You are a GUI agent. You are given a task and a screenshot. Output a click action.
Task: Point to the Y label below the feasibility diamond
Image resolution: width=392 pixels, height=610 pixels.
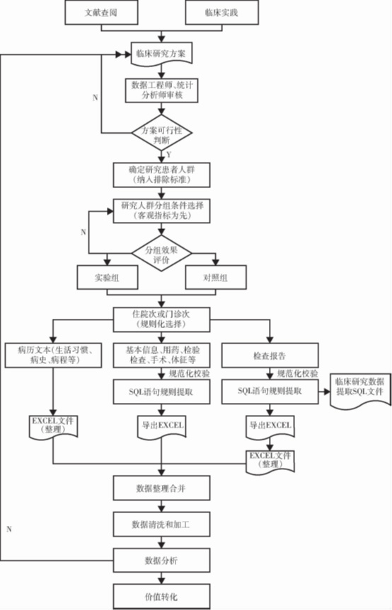[170, 153]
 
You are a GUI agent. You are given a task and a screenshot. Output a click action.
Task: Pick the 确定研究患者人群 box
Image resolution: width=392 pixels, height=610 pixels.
[161, 174]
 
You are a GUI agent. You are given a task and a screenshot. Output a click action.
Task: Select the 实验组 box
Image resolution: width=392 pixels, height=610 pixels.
[106, 278]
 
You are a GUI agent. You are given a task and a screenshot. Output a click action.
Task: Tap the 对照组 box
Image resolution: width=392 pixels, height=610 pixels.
[216, 278]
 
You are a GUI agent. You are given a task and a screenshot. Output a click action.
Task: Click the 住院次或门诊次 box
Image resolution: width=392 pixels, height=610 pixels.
[161, 317]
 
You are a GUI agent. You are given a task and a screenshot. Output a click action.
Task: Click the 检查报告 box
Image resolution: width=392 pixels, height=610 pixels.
[268, 354]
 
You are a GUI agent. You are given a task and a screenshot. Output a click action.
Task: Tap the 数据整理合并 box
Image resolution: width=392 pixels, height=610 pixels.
[161, 488]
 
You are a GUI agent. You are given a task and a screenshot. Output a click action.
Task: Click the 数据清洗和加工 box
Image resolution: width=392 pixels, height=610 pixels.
[161, 524]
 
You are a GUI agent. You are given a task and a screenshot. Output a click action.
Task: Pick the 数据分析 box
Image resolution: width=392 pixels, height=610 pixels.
[161, 560]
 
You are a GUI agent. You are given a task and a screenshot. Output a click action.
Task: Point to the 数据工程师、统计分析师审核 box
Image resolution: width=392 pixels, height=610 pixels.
[161, 91]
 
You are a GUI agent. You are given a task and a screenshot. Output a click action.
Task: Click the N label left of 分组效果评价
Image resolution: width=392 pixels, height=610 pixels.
[83, 232]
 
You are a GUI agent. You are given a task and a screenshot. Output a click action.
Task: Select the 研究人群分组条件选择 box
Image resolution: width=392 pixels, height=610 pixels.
[161, 211]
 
